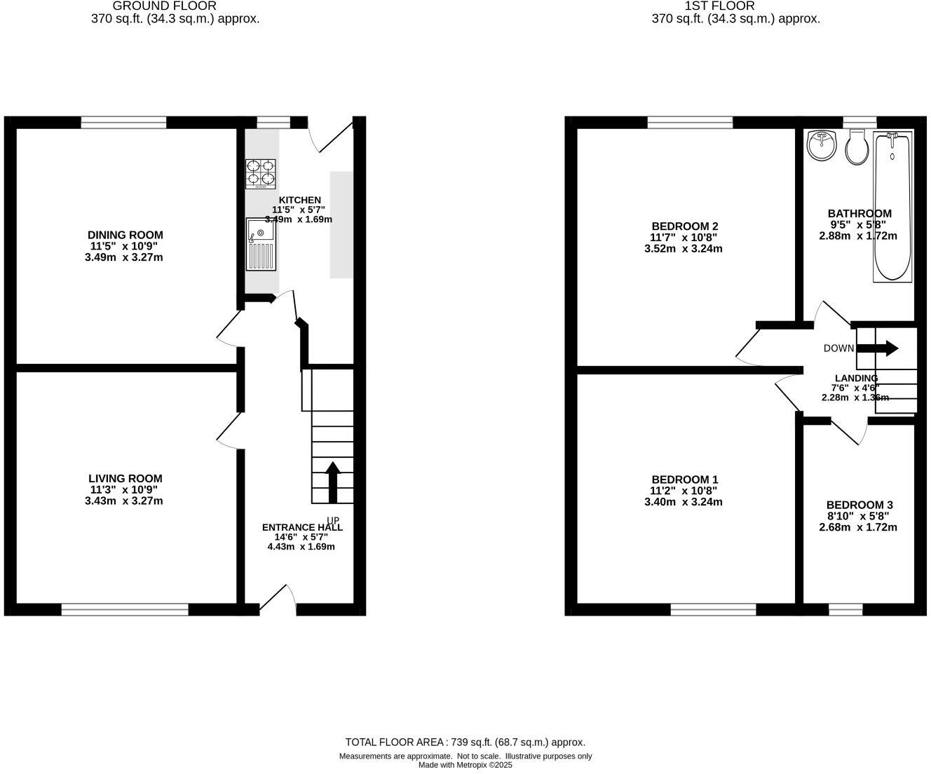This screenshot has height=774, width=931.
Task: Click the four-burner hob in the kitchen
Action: (260, 174)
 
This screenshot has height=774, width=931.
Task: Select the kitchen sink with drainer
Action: (261, 244)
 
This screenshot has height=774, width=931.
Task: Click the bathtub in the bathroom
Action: (892, 206)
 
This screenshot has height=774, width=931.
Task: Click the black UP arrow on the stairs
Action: (333, 482)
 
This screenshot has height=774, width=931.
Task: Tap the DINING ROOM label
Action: (125, 235)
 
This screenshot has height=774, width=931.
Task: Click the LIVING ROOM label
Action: (125, 479)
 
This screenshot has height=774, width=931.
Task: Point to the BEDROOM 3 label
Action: (859, 505)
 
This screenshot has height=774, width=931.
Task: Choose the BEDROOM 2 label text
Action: (684, 226)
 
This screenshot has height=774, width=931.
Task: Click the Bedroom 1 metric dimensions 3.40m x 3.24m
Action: (683, 502)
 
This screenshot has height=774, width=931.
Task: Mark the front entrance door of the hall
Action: (278, 599)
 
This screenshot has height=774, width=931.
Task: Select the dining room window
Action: (123, 123)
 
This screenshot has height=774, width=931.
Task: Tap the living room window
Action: (125, 610)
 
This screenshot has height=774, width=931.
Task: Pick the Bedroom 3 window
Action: (845, 610)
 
